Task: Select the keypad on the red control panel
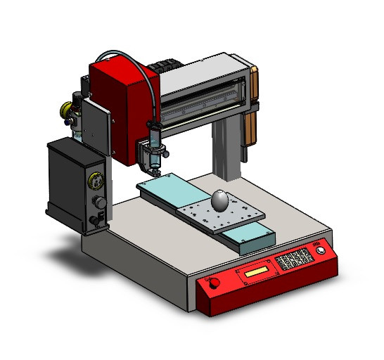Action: pyautogui.click(x=294, y=260)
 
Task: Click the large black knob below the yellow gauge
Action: pyautogui.click(x=100, y=203)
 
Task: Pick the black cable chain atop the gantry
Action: pyautogui.click(x=163, y=65)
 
